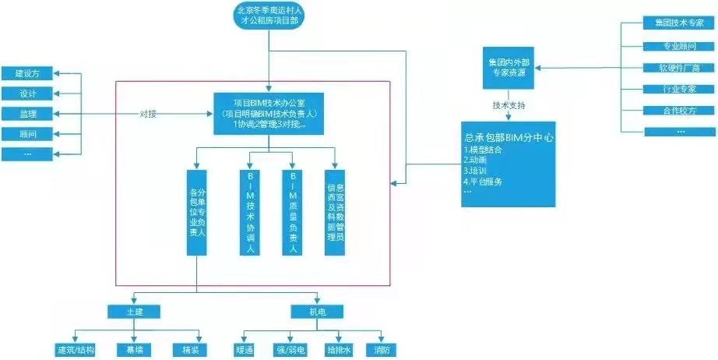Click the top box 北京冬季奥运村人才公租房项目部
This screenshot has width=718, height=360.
coord(269,16)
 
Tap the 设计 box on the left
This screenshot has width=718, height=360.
coord(28,94)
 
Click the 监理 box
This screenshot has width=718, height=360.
coord(28,114)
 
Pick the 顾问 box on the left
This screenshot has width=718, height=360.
coord(28,134)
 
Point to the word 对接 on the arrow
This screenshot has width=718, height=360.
coord(149,114)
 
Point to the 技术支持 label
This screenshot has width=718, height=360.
coord(509,104)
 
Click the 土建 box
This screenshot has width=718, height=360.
coord(134,312)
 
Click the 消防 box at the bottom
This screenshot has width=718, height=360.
coord(382,350)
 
